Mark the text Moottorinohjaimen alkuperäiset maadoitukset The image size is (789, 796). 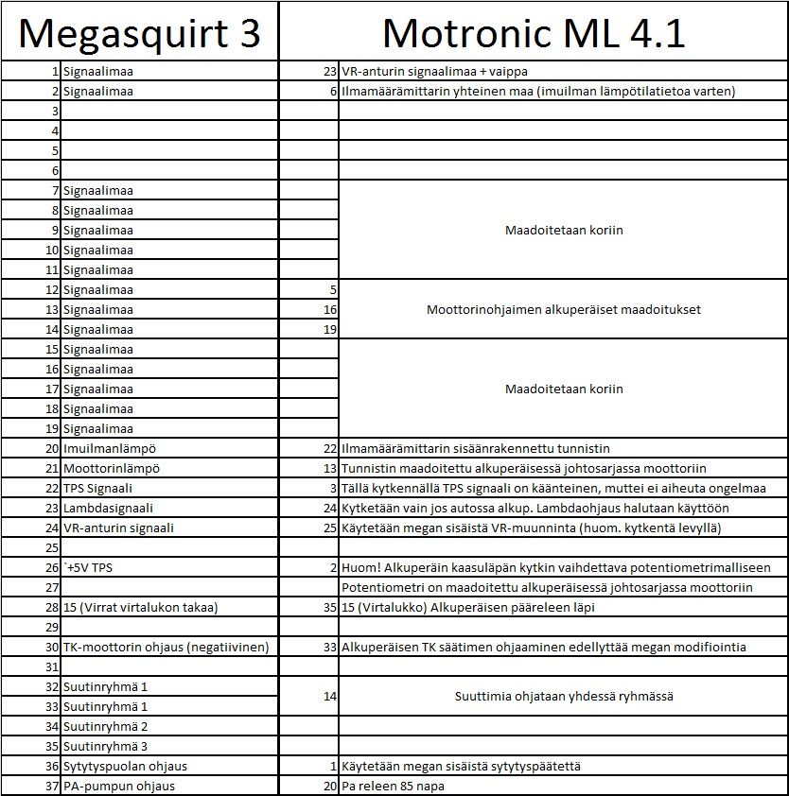[563, 309]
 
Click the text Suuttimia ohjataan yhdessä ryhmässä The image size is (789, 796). [563, 697]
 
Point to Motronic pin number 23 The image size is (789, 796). [329, 71]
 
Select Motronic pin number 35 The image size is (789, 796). [329, 607]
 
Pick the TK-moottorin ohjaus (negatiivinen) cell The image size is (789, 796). [166, 647]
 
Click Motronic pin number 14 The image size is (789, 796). [329, 697]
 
